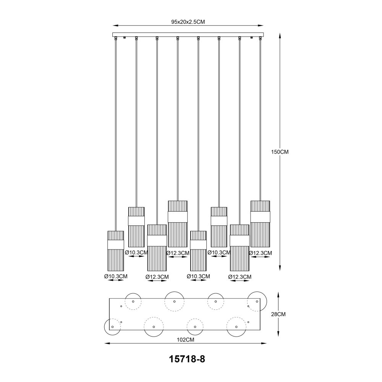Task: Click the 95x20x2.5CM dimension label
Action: coord(188,22)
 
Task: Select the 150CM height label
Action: coord(280,152)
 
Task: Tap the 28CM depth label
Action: coord(278,314)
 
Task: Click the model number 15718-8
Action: coord(187,359)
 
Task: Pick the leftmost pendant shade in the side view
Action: coord(116,251)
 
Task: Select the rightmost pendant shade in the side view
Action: coord(260,224)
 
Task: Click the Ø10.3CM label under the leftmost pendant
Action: coord(116,277)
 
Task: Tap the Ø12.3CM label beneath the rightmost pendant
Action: coord(260,253)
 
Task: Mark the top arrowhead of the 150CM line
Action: coord(280,35)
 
